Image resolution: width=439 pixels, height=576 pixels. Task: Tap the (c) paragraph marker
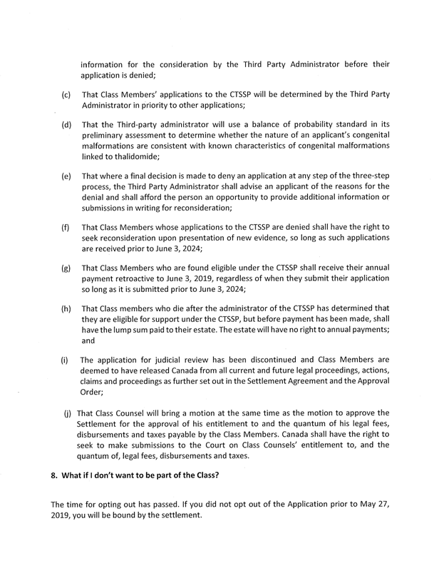tap(66, 95)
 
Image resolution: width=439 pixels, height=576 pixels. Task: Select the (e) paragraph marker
tap(66, 176)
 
